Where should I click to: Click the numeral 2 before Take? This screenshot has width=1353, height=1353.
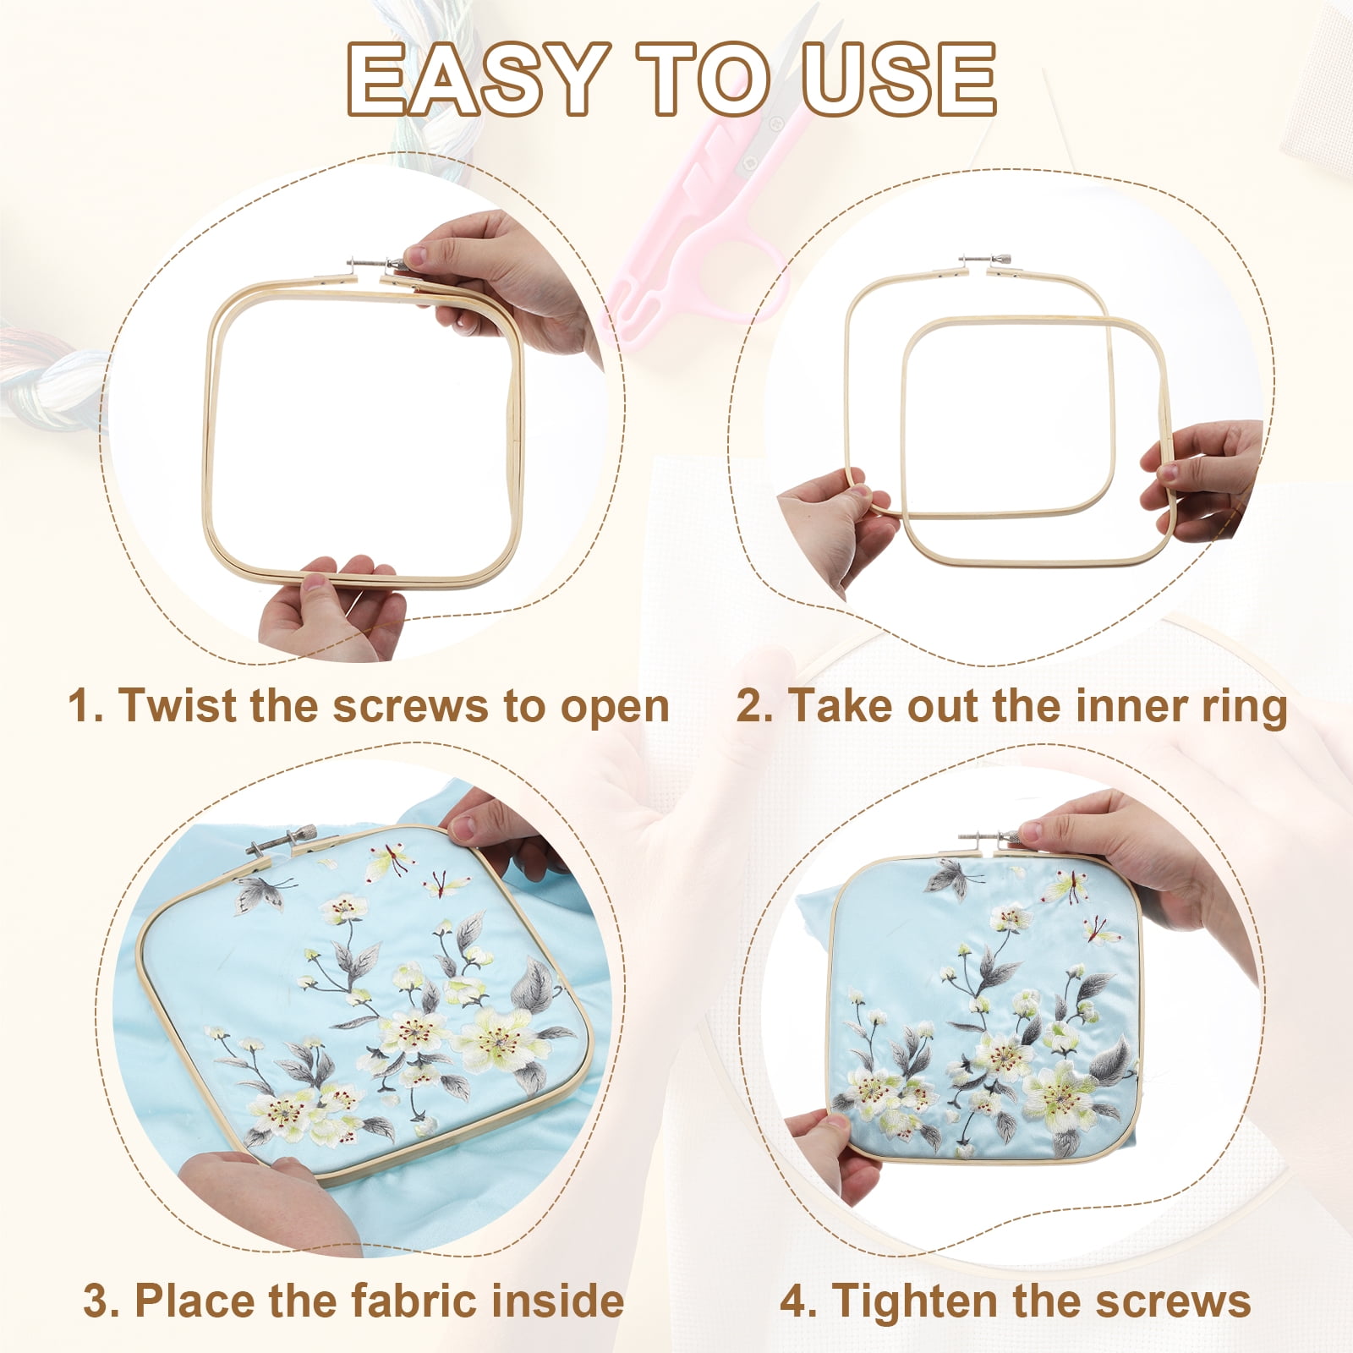[749, 705]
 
